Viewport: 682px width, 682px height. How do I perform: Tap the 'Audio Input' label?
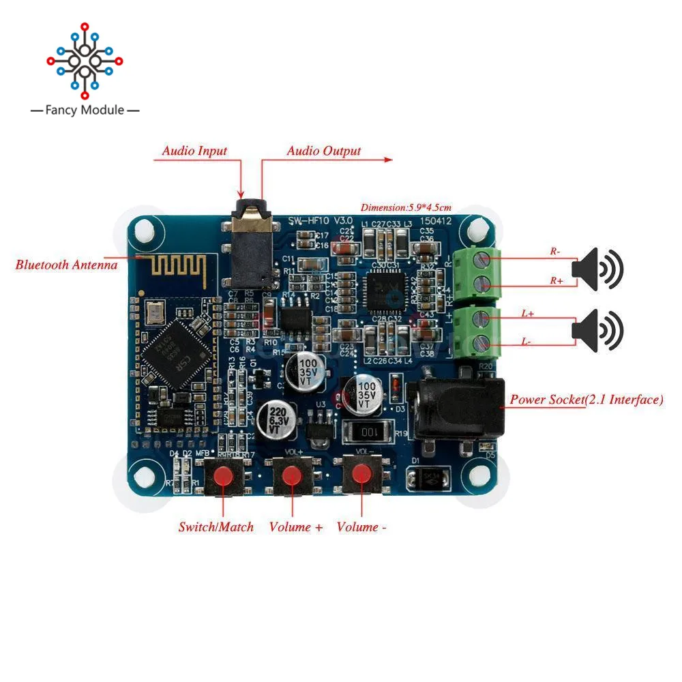point(194,151)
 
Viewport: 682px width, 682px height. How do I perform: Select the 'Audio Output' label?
point(323,151)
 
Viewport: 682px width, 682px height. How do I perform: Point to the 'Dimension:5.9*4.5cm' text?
point(406,208)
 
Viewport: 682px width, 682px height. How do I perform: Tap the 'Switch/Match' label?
point(216,527)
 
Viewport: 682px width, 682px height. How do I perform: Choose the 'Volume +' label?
point(295,527)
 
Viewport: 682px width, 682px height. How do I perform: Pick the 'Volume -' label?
point(361,527)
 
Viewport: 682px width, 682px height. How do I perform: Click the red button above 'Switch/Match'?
point(222,475)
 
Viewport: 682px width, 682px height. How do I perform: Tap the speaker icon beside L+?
point(597,330)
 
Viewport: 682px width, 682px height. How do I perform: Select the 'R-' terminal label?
point(556,251)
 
